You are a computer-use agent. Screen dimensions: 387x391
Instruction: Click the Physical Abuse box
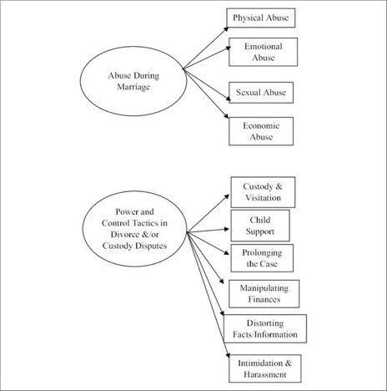click(261, 18)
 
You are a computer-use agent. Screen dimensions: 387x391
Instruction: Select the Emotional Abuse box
click(263, 52)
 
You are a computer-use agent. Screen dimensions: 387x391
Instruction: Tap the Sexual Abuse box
click(261, 93)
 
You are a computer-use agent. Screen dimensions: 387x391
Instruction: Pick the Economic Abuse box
click(261, 131)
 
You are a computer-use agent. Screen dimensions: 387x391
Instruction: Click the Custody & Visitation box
click(263, 192)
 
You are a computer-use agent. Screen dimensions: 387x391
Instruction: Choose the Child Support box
click(260, 226)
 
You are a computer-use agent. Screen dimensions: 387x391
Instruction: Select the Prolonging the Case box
click(262, 258)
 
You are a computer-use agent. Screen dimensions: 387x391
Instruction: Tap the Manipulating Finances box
click(264, 294)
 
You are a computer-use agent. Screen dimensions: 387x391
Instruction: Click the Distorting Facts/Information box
click(265, 328)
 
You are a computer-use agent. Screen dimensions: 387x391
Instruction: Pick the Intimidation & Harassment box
click(265, 368)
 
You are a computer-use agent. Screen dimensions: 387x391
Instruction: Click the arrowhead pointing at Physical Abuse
click(226, 29)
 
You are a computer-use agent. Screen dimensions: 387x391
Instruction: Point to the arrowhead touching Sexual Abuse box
click(228, 99)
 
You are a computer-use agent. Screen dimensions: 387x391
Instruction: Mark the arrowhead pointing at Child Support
click(227, 229)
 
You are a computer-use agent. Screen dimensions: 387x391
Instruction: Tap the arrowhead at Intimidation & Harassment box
click(228, 355)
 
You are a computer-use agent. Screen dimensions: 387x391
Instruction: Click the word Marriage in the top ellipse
click(133, 87)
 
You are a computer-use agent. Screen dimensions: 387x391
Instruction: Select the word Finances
click(264, 299)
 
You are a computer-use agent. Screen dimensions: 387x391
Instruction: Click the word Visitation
click(263, 198)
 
